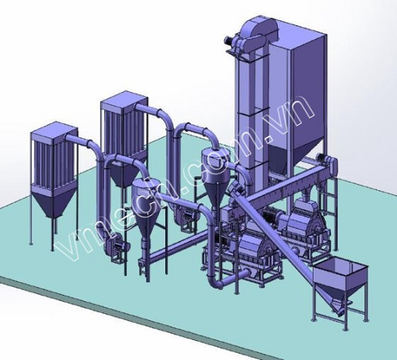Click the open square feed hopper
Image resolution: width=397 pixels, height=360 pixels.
point(340,277)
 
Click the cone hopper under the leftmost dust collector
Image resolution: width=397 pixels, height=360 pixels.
point(54,202)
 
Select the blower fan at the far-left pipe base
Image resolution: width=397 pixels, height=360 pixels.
point(113,244)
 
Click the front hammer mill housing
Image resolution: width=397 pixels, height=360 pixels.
point(252,248)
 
